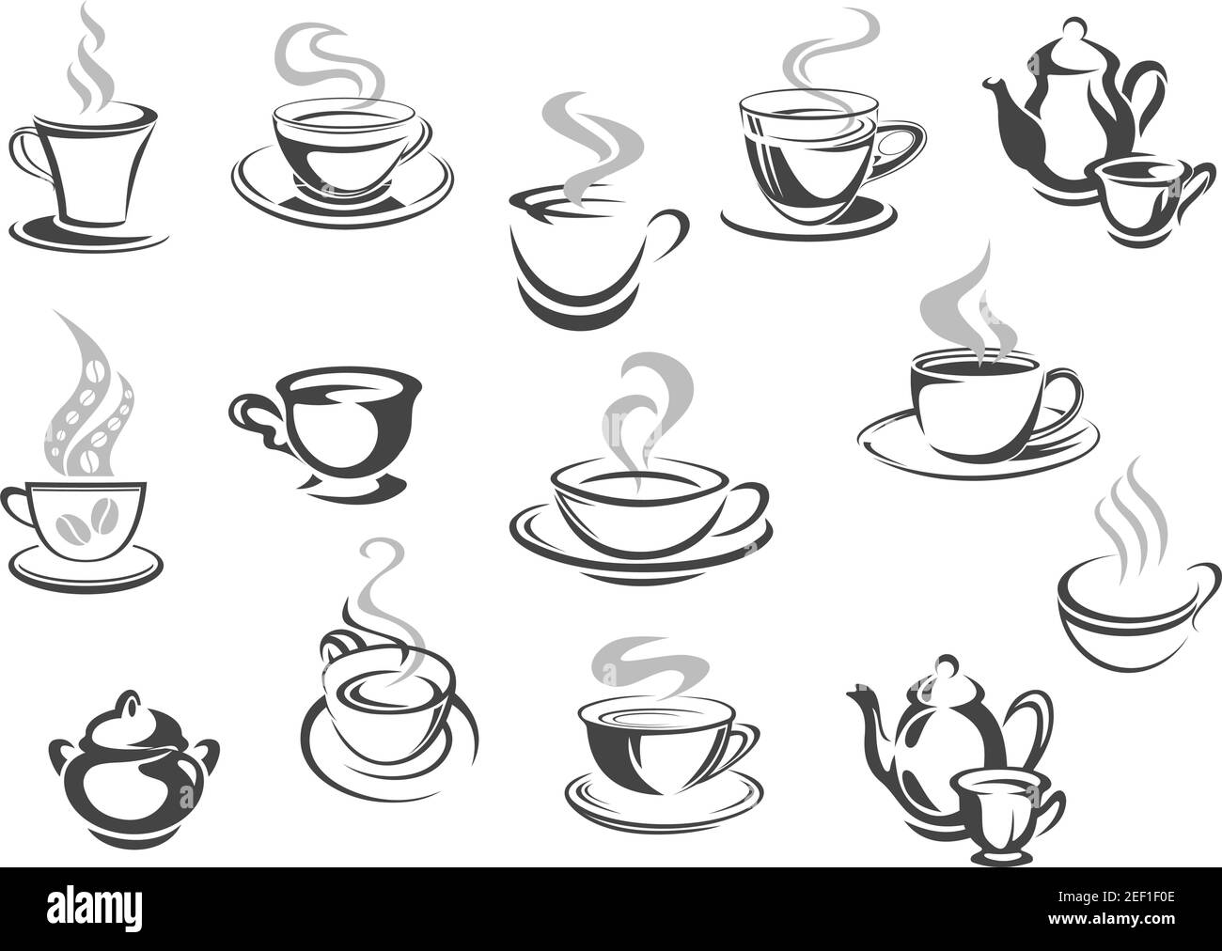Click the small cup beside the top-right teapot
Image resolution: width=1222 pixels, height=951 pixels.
[x=1128, y=188]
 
